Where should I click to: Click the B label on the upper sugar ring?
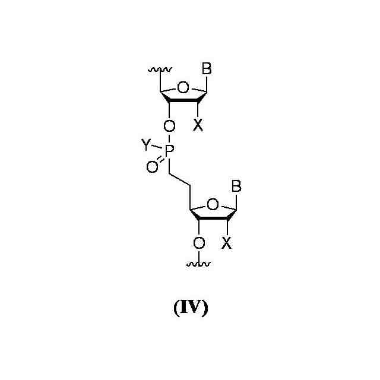206,69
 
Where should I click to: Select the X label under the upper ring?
198,125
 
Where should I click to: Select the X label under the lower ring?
227,242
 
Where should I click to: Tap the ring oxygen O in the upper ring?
183,89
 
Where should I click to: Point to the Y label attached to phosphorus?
145,143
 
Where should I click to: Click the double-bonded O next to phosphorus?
152,168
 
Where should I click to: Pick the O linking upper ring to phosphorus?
169,126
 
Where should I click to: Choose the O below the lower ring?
199,243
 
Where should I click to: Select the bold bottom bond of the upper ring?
183,102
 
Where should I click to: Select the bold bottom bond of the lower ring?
213,218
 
